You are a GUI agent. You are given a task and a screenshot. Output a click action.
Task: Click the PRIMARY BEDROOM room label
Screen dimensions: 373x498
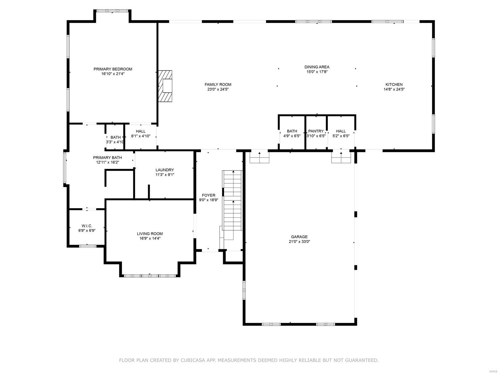pyautogui.click(x=113, y=69)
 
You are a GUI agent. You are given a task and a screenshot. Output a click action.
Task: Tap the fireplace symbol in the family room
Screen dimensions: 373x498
pyautogui.click(x=165, y=86)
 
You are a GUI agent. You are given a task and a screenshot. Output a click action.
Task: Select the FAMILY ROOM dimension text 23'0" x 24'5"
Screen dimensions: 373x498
pyautogui.click(x=218, y=89)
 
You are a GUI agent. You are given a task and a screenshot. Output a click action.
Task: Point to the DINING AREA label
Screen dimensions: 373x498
pyautogui.click(x=317, y=67)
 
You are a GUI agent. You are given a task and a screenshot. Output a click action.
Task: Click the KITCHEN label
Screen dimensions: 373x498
pyautogui.click(x=394, y=84)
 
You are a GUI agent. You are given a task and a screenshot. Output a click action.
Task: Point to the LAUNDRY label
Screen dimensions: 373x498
pyautogui.click(x=165, y=170)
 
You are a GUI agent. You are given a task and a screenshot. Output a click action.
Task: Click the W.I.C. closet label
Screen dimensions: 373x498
pyautogui.click(x=87, y=226)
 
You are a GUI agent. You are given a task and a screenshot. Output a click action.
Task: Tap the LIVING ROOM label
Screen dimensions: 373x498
pyautogui.click(x=150, y=234)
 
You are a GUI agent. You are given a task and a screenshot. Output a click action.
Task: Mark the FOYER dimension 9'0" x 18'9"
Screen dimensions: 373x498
pyautogui.click(x=209, y=200)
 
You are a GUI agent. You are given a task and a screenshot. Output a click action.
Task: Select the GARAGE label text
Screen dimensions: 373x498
pyautogui.click(x=299, y=237)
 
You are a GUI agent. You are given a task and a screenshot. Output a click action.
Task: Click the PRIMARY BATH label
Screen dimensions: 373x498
pyautogui.click(x=107, y=157)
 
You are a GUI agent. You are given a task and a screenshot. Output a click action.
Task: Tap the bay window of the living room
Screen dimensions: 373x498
pyautogui.click(x=150, y=275)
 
